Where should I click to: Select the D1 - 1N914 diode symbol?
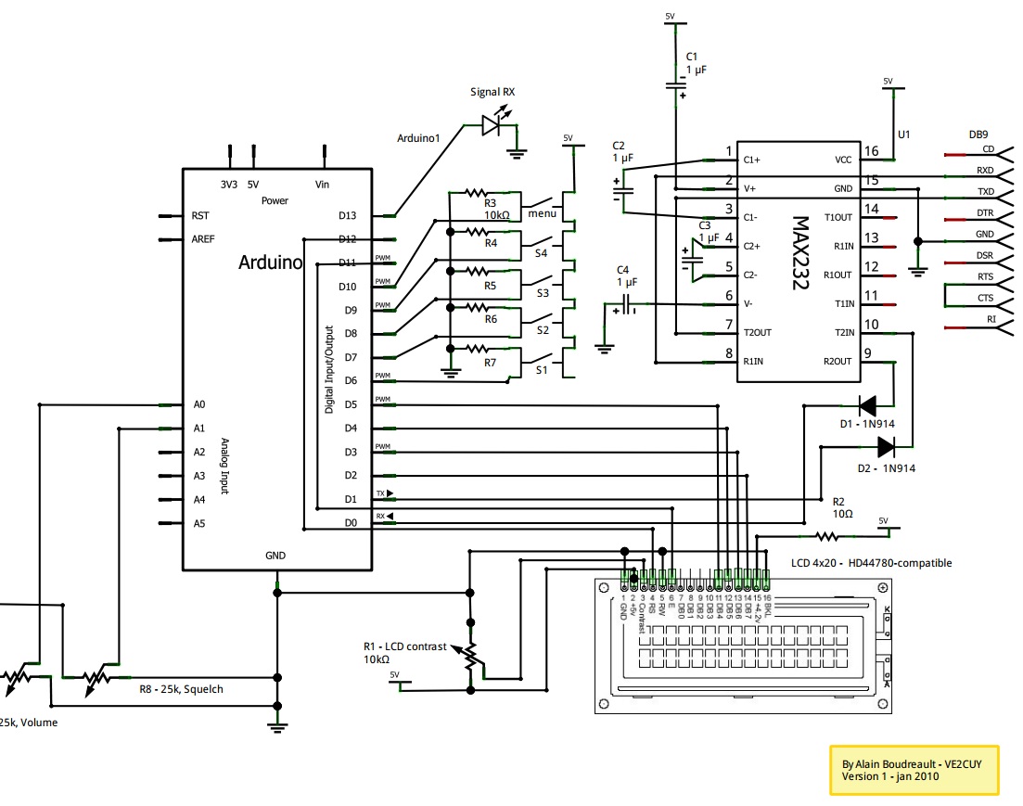(x=868, y=404)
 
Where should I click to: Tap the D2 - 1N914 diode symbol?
(x=885, y=446)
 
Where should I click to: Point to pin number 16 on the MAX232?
(x=871, y=151)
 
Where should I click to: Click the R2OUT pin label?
(x=837, y=362)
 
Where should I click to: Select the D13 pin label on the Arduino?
(x=348, y=216)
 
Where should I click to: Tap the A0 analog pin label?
(x=199, y=405)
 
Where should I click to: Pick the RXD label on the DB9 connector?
(x=985, y=171)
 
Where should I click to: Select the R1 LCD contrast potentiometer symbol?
(x=471, y=655)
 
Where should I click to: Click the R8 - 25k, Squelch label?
(x=181, y=689)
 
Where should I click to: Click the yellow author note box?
(x=913, y=770)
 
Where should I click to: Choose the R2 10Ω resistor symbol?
(x=825, y=535)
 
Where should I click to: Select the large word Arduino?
(x=271, y=262)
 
